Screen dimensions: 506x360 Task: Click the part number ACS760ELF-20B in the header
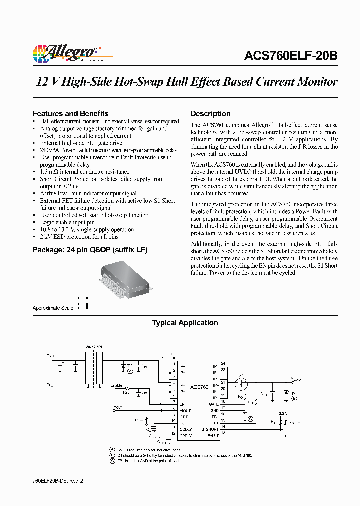(x=291, y=56)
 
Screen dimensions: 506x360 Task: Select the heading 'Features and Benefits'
(x=70, y=113)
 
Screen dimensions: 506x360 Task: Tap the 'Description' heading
(x=210, y=113)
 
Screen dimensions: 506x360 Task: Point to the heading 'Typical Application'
(x=185, y=323)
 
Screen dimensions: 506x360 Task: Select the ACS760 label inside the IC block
(x=199, y=387)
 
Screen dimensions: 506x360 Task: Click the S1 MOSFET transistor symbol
(x=242, y=384)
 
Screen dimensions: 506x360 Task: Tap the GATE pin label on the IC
(x=214, y=404)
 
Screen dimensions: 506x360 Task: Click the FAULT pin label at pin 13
(x=213, y=436)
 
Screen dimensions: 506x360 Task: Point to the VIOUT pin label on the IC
(x=185, y=410)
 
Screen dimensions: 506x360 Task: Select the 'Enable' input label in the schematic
(x=116, y=385)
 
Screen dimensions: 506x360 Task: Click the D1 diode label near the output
(x=294, y=393)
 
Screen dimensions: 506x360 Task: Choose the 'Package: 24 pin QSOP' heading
(x=90, y=249)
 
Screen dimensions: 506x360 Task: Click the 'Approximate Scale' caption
(x=53, y=308)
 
